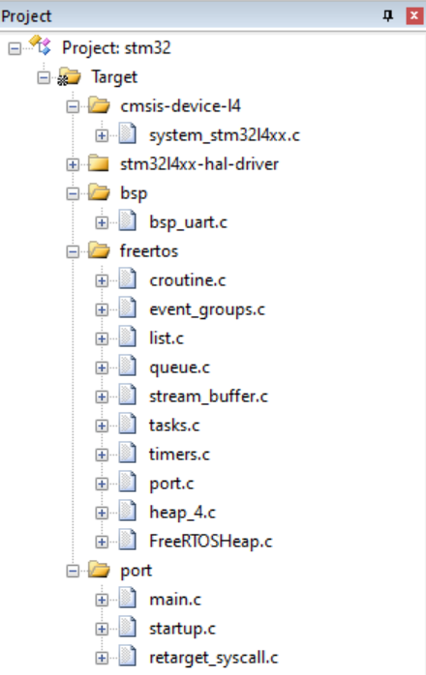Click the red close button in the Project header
coord(414,15)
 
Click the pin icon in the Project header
coord(388,16)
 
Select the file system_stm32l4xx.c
coord(225,135)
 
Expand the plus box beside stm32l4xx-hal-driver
coord(73,164)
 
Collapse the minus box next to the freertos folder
coord(73,251)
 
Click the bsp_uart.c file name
coord(188,222)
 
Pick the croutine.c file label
coord(188,280)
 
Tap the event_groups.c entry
coord(207,309)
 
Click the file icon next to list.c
coord(128,337)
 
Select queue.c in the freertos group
coord(179,367)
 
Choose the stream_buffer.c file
coord(208,396)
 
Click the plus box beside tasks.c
coord(102,426)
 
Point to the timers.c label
coord(179,455)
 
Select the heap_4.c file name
coord(182,513)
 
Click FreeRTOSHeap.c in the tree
coord(211,542)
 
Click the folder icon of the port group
coord(99,570)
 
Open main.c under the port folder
coord(175,600)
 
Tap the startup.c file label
coord(182,629)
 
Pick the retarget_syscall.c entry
coord(213,658)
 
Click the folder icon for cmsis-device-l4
coord(99,105)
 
